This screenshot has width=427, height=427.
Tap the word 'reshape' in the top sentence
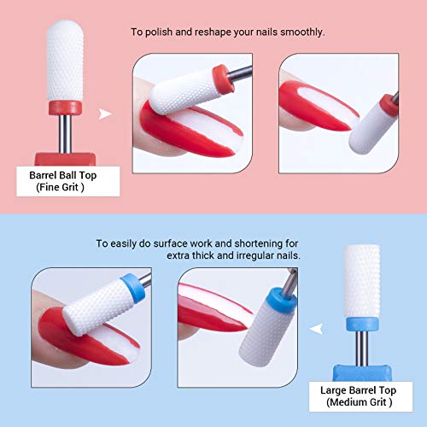coord(213,32)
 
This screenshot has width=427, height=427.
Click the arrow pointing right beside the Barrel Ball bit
coord(106,113)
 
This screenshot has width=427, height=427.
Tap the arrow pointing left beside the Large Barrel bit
coord(318,325)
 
